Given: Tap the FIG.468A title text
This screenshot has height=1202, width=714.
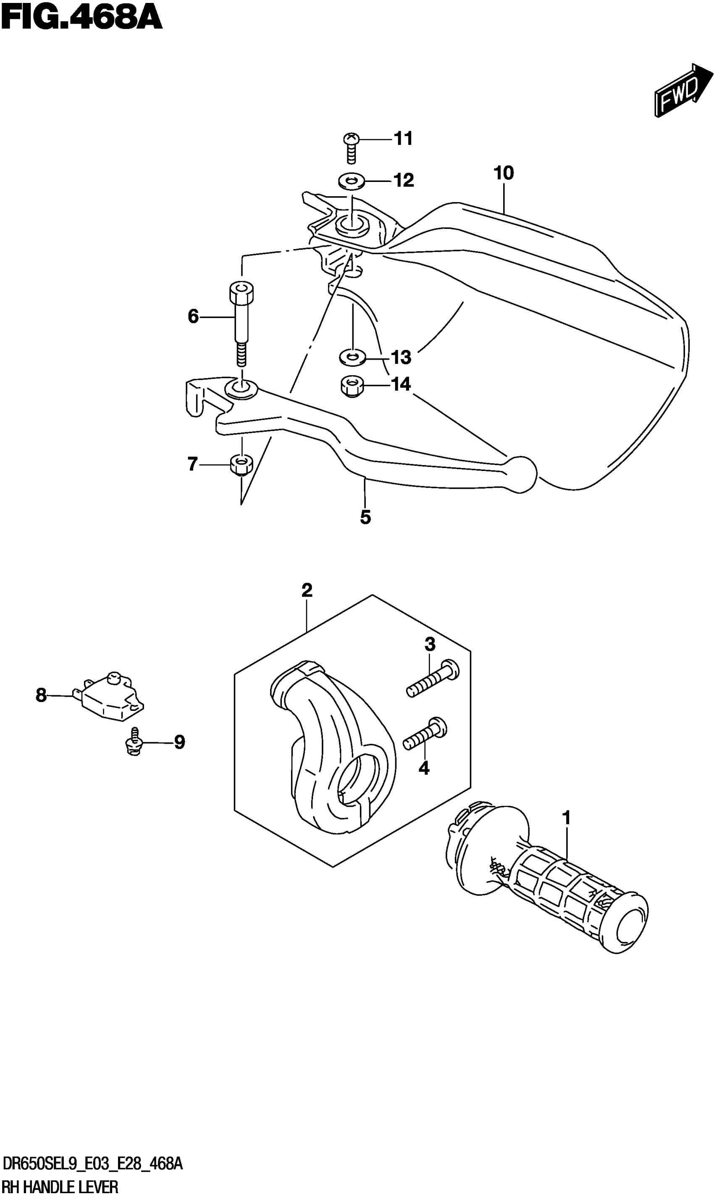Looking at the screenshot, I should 82,19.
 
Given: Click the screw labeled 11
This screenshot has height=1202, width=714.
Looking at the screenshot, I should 351,146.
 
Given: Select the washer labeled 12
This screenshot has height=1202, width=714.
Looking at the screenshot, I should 351,181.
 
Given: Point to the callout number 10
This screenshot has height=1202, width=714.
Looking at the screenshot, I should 504,173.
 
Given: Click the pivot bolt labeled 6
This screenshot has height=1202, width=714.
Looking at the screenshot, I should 241,318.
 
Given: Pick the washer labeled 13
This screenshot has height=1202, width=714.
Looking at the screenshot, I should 353,358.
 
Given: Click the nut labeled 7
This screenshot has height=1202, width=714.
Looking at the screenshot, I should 241,464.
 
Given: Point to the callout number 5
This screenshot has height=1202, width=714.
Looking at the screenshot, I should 366,518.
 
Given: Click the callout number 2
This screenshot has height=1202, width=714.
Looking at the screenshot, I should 307,590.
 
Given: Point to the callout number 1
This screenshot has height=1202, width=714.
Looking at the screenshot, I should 566,818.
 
